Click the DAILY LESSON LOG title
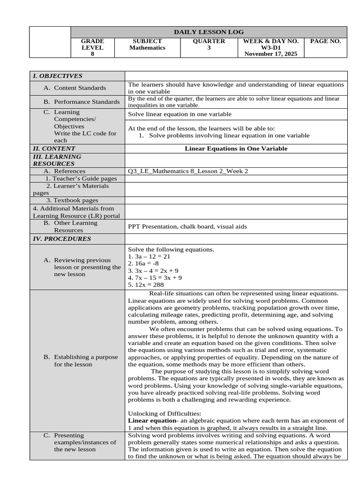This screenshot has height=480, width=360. [209, 32]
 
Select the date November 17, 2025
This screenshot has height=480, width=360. [270, 54]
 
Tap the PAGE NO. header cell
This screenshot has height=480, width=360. [326, 41]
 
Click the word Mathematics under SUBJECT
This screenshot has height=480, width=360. [147, 48]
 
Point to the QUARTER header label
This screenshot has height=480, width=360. [209, 41]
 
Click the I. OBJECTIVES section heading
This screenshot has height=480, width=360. [57, 76]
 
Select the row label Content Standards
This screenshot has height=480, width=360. [80, 88]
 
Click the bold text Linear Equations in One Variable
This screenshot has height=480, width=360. [236, 149]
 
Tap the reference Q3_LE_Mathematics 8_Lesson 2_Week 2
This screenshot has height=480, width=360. [188, 171]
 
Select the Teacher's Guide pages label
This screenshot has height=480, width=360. [81, 179]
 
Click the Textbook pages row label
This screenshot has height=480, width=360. [72, 200]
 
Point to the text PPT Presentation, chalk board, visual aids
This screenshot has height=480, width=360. [187, 226]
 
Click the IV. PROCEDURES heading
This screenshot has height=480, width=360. [61, 239]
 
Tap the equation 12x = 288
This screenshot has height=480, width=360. [146, 285]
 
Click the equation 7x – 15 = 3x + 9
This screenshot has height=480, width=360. [155, 277]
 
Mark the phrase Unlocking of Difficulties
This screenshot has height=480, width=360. [164, 413]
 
